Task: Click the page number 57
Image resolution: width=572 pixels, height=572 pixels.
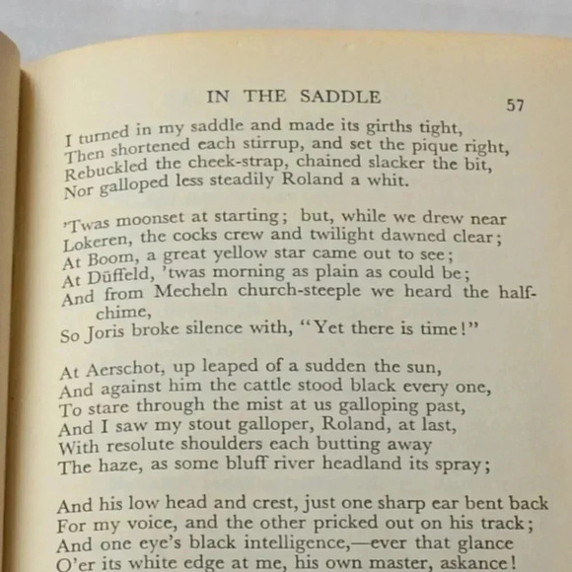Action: point(515,105)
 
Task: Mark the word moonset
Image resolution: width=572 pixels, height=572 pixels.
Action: point(144,220)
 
